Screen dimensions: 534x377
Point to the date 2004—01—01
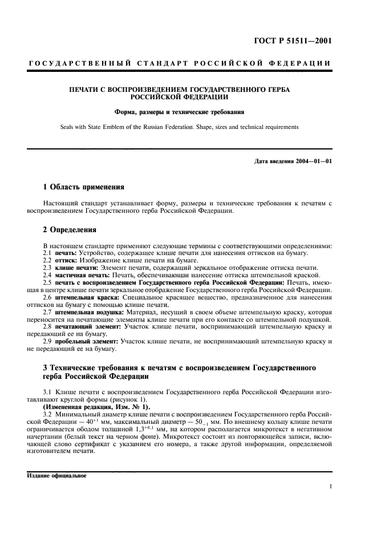(x=312, y=161)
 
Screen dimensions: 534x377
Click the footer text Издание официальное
(x=56, y=475)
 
